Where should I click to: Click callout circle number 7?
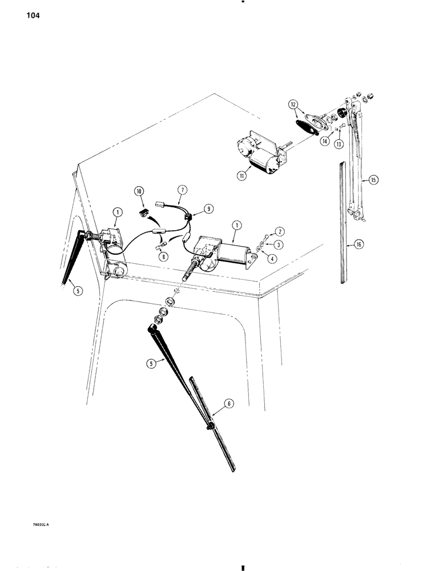click(x=182, y=188)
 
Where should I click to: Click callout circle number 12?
click(x=293, y=104)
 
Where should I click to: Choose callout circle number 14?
click(x=326, y=140)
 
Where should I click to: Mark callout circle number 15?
click(x=374, y=180)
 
